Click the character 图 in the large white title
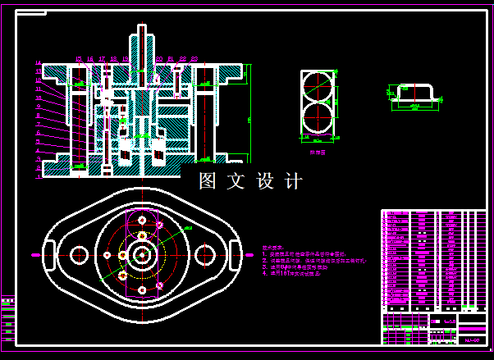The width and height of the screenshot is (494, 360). [208, 180]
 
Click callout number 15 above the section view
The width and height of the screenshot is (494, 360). [78, 59]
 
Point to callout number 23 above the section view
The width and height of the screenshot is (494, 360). [195, 59]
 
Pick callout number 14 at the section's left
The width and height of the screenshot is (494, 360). [39, 63]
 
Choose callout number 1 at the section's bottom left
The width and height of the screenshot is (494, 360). [39, 175]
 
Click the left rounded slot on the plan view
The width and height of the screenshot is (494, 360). [48, 254]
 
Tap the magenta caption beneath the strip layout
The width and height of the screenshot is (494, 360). [317, 152]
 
